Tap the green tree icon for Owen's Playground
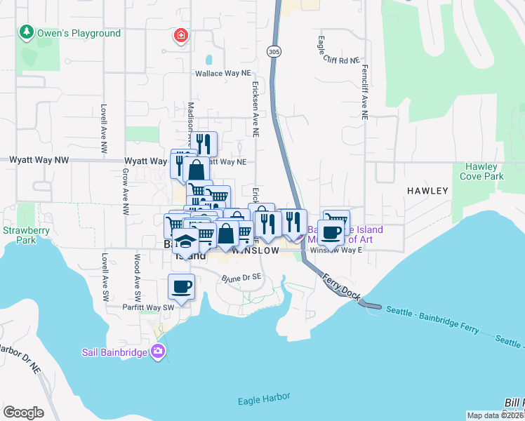(x=26, y=32)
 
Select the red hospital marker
(x=182, y=35)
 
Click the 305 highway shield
(x=274, y=51)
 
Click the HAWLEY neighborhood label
(x=427, y=190)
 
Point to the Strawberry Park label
(x=19, y=235)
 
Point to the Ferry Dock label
(x=342, y=288)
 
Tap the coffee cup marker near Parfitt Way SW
(x=181, y=287)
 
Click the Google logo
(x=23, y=413)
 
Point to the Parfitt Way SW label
(x=148, y=307)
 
